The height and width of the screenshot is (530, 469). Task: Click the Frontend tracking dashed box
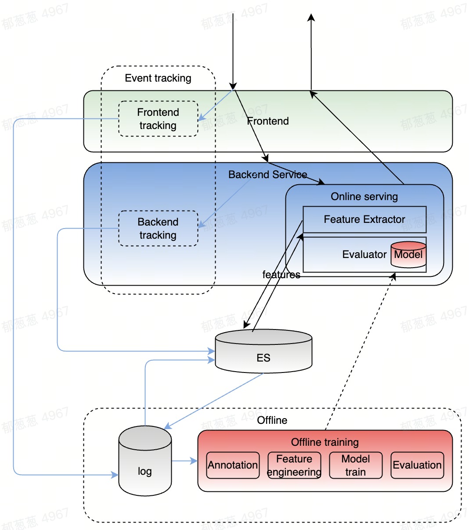point(158,119)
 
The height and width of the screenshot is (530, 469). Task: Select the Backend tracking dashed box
point(158,229)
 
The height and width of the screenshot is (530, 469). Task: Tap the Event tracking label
point(158,78)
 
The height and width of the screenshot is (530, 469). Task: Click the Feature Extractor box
point(364,219)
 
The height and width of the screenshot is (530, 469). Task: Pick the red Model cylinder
point(408,254)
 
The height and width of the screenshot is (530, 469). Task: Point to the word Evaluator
point(364,254)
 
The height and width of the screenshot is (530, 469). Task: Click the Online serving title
point(364,197)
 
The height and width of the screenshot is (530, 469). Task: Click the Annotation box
point(233,465)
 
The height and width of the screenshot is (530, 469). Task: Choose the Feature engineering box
point(294,465)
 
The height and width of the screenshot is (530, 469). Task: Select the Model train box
point(356,465)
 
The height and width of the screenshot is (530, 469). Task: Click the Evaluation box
point(417,465)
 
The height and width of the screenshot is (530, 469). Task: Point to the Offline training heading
point(325,442)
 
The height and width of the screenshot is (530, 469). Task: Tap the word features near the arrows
point(281,275)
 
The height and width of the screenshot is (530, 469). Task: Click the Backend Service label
point(268,175)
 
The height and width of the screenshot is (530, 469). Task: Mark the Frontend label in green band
point(268,121)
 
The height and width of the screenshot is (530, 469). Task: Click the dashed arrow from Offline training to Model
point(360,351)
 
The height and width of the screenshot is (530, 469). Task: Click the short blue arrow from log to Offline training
point(184,461)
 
